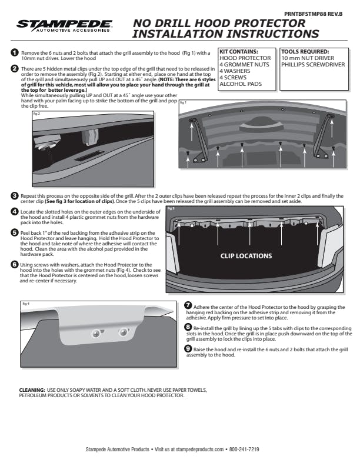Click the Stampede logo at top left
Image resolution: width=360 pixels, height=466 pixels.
pyautogui.click(x=65, y=25)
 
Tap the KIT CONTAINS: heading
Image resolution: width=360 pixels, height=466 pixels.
pyautogui.click(x=239, y=52)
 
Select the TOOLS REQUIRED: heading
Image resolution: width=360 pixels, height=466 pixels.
pyautogui.click(x=305, y=52)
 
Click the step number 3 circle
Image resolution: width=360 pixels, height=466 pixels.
pyautogui.click(x=14, y=195)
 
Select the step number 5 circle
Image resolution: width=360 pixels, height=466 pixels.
pyautogui.click(x=14, y=233)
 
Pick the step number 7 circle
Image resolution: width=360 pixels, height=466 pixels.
pyautogui.click(x=188, y=305)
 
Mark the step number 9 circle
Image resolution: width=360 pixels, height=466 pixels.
pyautogui.click(x=188, y=349)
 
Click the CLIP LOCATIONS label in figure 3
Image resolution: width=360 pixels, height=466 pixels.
pyautogui.click(x=246, y=256)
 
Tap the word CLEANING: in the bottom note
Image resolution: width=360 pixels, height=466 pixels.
pyautogui.click(x=32, y=390)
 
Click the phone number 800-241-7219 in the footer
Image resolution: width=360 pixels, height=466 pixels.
pyautogui.click(x=244, y=450)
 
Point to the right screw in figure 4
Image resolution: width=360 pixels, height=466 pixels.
pyautogui.click(x=123, y=333)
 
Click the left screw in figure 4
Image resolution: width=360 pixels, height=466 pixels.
pyautogui.click(x=96, y=334)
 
